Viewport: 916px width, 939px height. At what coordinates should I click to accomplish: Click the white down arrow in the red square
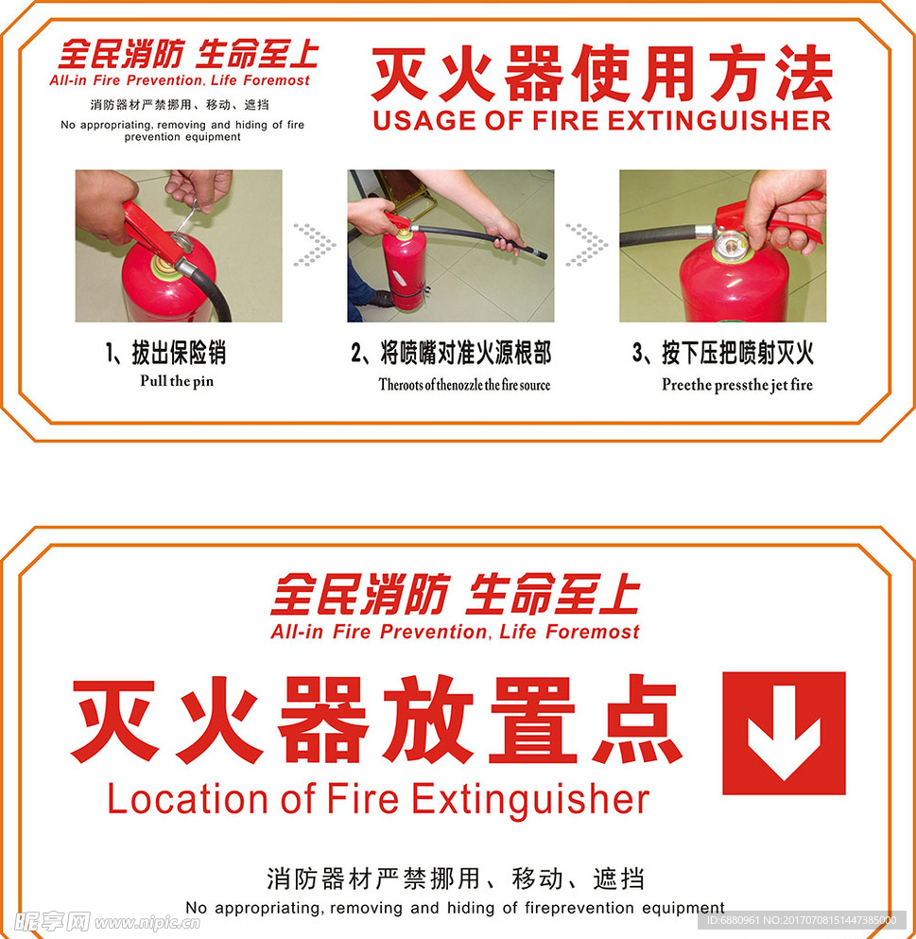[x=784, y=733]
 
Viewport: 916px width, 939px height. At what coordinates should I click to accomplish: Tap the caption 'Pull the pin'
[x=177, y=381]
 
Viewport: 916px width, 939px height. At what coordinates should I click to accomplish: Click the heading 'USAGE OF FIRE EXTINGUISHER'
[x=601, y=121]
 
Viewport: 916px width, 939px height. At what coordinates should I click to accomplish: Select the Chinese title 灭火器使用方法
[x=601, y=74]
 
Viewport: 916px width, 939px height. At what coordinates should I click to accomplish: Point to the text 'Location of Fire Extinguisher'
[x=378, y=799]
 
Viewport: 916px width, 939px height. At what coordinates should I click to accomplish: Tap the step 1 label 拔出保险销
[x=165, y=354]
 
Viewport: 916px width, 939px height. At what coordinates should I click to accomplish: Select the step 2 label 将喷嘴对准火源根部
[x=450, y=354]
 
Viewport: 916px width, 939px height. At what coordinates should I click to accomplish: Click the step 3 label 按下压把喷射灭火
[x=723, y=354]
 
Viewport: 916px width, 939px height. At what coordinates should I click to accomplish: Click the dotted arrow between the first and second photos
[x=314, y=244]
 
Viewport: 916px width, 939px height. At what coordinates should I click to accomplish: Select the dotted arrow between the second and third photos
[x=586, y=244]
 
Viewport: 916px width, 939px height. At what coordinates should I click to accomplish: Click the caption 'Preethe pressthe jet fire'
[x=736, y=385]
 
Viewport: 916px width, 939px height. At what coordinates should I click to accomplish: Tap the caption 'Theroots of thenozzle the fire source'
[x=464, y=385]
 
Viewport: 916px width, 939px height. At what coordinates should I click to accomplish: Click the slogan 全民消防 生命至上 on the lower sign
[x=455, y=596]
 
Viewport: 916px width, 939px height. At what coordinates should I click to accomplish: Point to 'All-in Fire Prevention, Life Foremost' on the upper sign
[x=180, y=80]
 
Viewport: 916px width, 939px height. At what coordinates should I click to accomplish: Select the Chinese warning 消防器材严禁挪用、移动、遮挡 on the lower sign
[x=455, y=878]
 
